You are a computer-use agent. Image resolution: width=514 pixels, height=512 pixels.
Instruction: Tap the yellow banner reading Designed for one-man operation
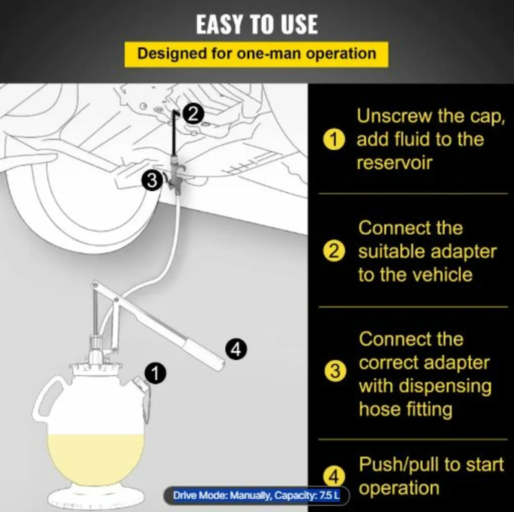256,54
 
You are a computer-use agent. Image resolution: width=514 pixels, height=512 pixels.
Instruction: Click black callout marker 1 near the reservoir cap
155,374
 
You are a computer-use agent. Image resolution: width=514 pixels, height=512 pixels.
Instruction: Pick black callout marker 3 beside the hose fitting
152,181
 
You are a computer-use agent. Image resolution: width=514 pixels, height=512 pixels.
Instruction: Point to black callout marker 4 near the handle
236,349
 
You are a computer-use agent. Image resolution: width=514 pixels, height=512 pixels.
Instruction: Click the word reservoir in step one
394,163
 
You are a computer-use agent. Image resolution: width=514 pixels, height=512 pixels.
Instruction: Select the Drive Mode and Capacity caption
256,496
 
